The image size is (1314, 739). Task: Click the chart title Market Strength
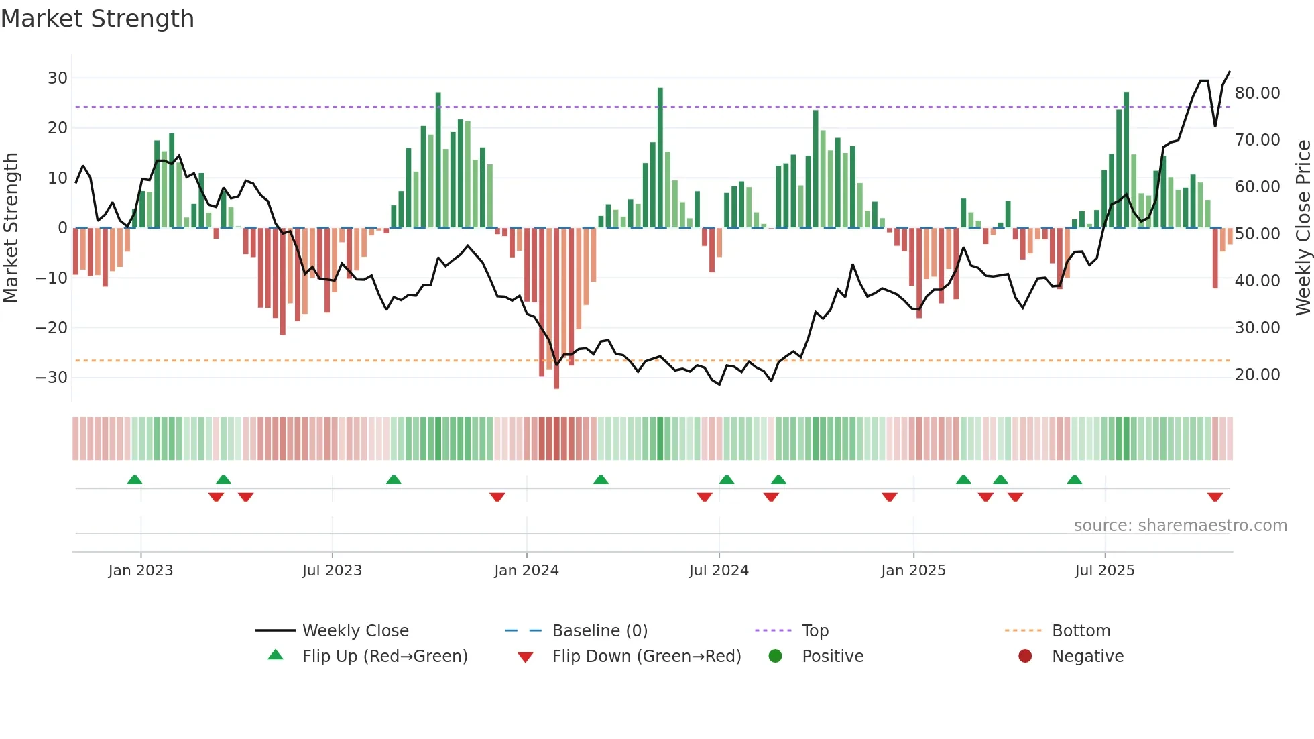click(x=97, y=19)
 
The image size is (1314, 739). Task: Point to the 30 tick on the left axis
click(x=58, y=78)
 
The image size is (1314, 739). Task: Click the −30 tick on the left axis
click(x=52, y=378)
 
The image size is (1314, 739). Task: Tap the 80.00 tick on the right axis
click(x=1257, y=93)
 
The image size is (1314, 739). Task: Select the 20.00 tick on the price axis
click(x=1257, y=375)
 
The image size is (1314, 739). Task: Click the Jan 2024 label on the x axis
click(x=526, y=571)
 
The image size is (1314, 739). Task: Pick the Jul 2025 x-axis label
click(x=1104, y=571)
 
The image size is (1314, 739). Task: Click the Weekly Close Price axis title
click(x=1303, y=228)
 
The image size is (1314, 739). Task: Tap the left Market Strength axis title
click(x=11, y=228)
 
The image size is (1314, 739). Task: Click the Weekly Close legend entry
click(x=355, y=631)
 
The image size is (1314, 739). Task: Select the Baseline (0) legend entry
click(x=599, y=631)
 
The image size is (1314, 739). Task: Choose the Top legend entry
click(x=815, y=631)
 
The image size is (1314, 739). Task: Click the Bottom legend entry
click(x=1081, y=631)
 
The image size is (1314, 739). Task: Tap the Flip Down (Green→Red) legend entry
click(x=646, y=657)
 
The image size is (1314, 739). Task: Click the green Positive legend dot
click(x=775, y=657)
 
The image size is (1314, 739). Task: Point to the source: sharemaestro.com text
click(x=1180, y=526)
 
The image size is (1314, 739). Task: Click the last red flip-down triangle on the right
click(x=1215, y=497)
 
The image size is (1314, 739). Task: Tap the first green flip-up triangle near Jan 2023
click(x=135, y=479)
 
